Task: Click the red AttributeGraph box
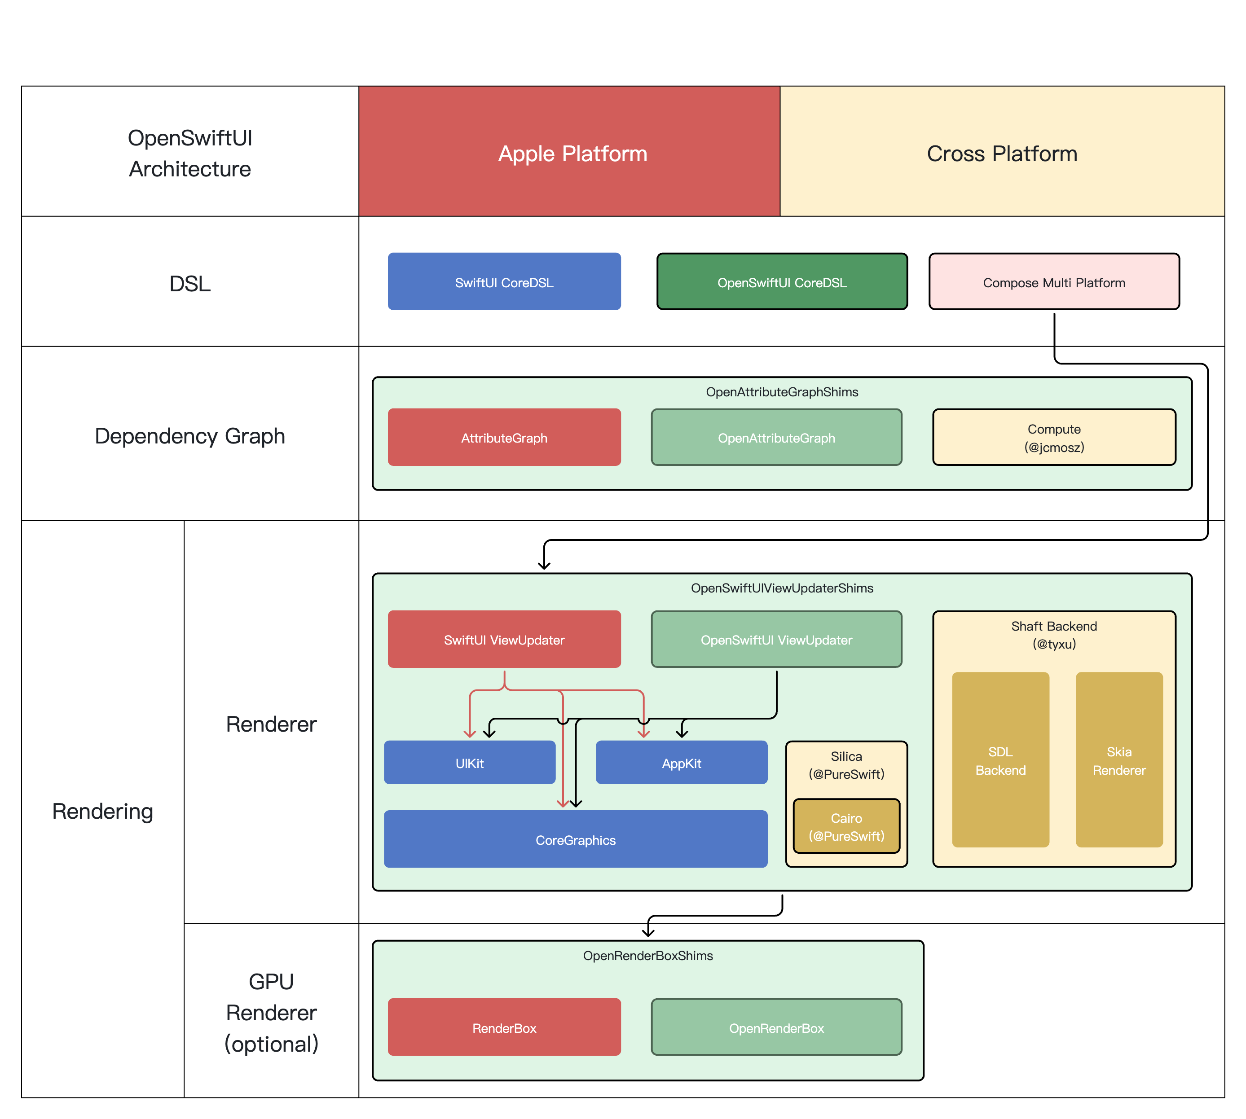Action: click(x=504, y=437)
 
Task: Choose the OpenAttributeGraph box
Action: click(x=776, y=437)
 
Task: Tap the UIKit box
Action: click(x=469, y=763)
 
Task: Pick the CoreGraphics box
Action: click(x=575, y=839)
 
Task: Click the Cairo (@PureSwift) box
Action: click(x=846, y=826)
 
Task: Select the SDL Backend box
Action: click(x=1000, y=760)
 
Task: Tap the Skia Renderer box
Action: click(x=1118, y=760)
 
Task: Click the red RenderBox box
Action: click(x=504, y=1027)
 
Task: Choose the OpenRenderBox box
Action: click(x=776, y=1027)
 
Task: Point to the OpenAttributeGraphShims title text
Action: click(x=781, y=392)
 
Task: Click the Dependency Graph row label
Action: click(x=189, y=435)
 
